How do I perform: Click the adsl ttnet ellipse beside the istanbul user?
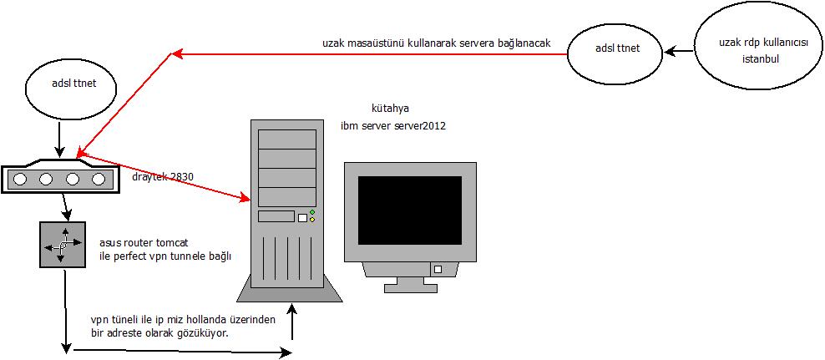coord(617,48)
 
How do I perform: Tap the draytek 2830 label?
coord(163,176)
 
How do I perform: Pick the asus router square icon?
coord(63,245)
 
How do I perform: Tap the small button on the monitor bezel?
coord(436,269)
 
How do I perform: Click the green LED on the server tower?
coord(311,213)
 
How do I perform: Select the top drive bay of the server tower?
coord(287,139)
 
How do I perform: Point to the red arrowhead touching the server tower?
coord(245,199)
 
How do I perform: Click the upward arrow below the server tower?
coord(292,321)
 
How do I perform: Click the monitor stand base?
coord(410,286)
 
